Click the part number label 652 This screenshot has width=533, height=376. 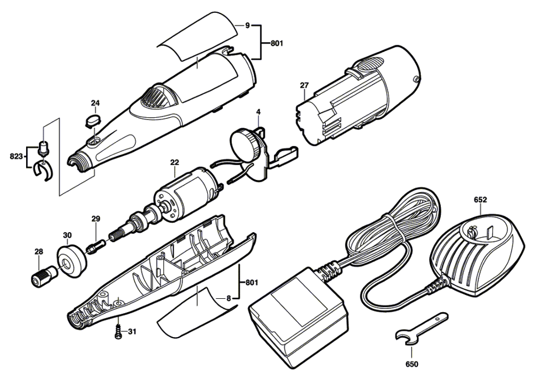tap(480, 200)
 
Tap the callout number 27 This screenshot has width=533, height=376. tap(304, 85)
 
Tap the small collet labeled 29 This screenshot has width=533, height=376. tap(92, 246)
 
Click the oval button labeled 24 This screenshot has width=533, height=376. tap(95, 118)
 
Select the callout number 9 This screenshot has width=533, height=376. tap(247, 24)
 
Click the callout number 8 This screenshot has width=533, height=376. tap(228, 298)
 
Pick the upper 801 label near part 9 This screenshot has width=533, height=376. tap(276, 44)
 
